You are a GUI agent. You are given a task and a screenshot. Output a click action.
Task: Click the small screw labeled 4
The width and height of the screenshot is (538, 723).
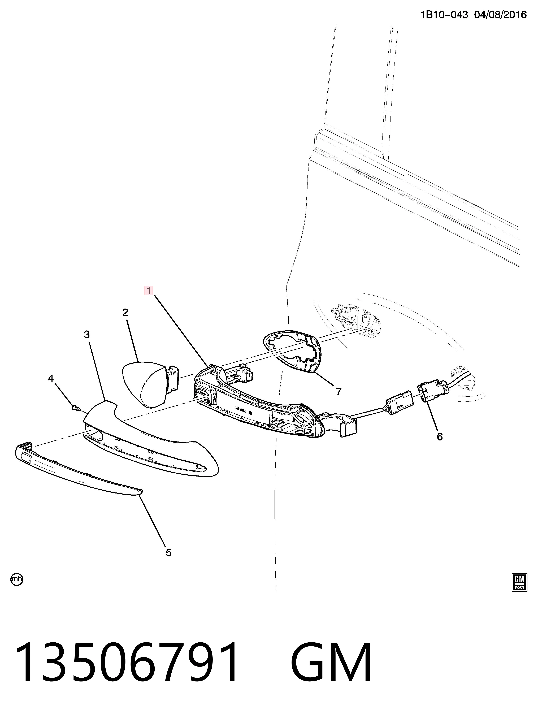pos(76,407)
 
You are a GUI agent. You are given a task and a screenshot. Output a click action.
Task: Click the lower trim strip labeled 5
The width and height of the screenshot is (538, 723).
pos(78,469)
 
